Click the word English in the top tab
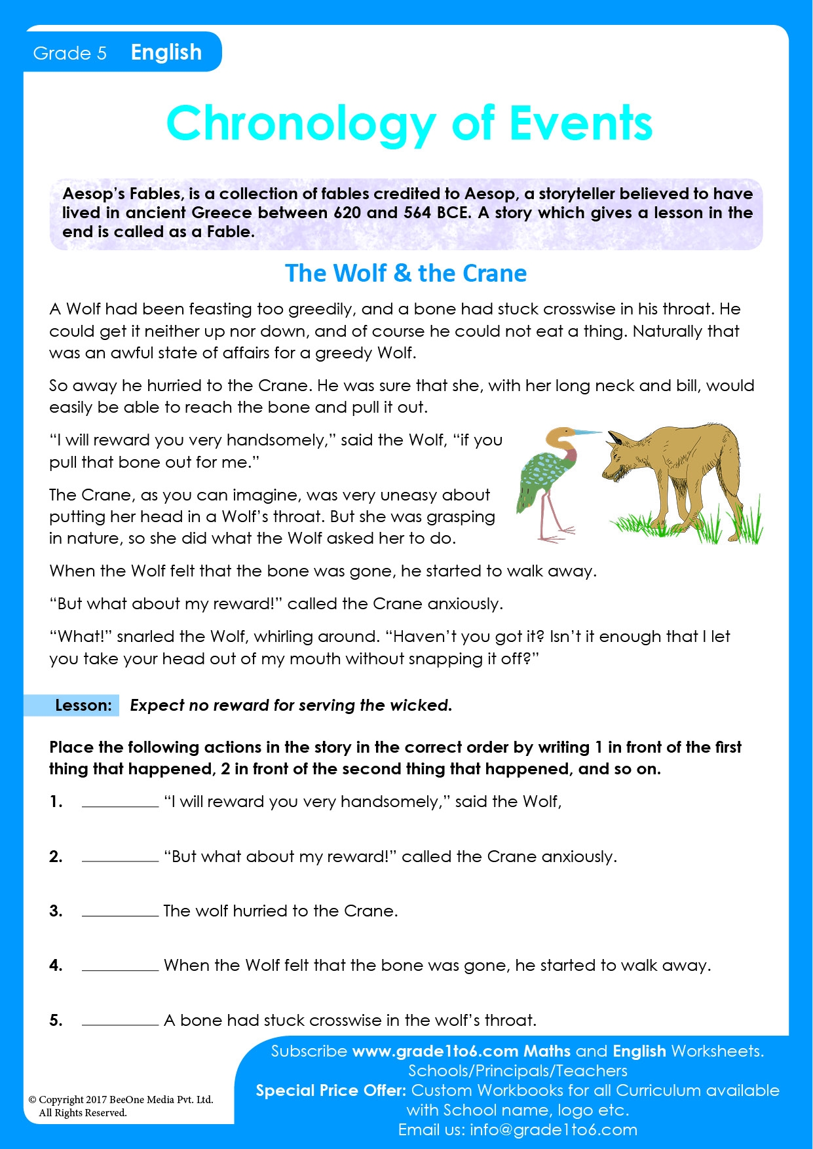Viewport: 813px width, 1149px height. click(x=166, y=52)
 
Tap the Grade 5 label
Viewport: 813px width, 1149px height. click(x=69, y=53)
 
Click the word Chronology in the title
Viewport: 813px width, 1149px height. click(x=301, y=124)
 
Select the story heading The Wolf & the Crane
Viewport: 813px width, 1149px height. click(x=406, y=273)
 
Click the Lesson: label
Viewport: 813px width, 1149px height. click(x=83, y=706)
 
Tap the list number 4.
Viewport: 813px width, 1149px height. click(x=56, y=965)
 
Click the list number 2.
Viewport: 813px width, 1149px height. click(x=56, y=856)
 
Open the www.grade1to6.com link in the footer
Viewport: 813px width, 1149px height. click(x=435, y=1051)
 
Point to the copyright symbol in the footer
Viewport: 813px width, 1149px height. click(x=32, y=1100)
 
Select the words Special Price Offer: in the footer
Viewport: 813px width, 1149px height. click(x=331, y=1091)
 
